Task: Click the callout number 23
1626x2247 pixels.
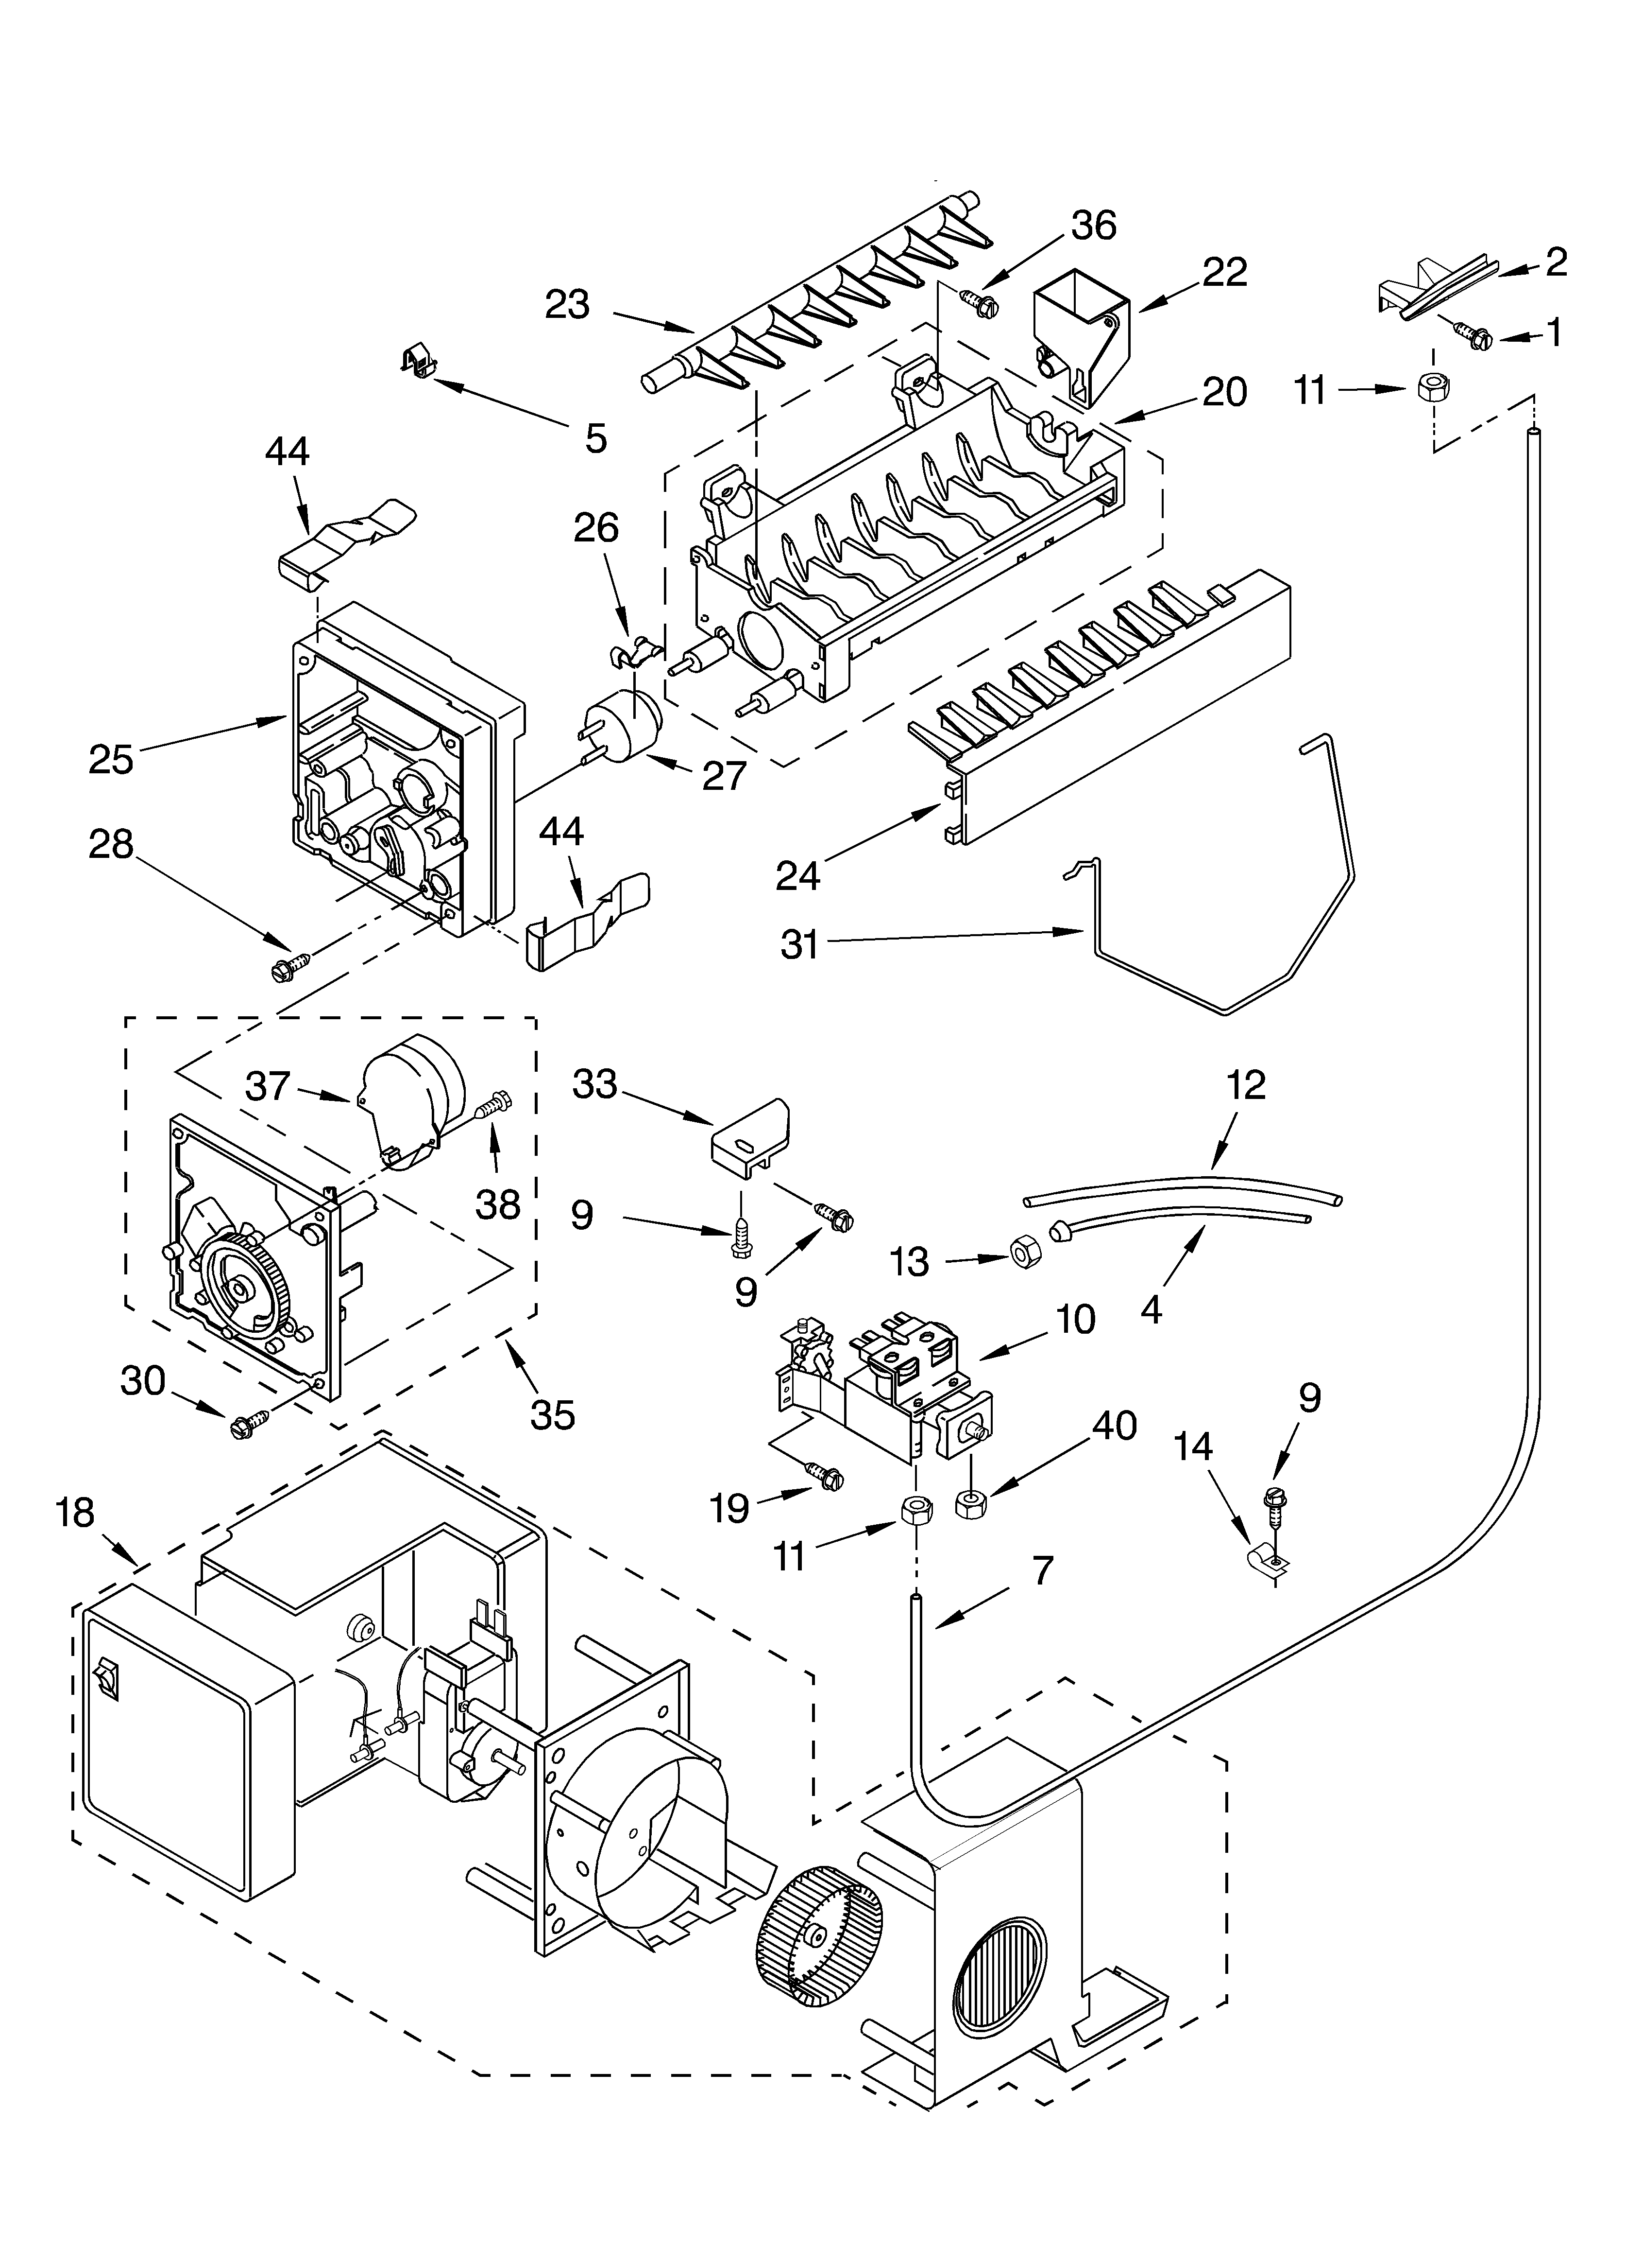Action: (567, 305)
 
